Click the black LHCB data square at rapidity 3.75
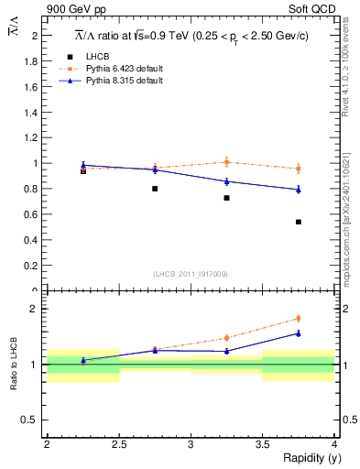point(299,222)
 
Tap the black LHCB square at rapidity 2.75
point(155,189)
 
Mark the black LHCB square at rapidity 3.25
point(226,198)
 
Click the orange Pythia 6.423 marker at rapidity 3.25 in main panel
point(226,162)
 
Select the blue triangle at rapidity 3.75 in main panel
point(299,190)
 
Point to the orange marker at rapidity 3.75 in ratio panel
point(299,319)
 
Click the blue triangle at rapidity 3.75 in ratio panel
point(299,333)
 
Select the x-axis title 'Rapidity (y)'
point(307,458)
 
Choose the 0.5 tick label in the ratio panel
point(35,420)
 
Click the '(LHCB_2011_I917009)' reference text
point(191,274)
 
